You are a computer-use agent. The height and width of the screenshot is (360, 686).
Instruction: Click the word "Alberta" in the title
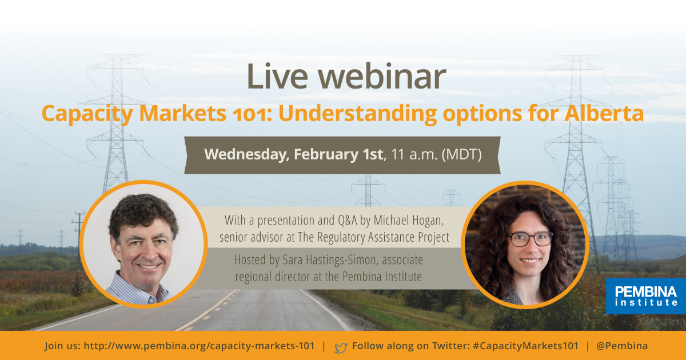(604, 113)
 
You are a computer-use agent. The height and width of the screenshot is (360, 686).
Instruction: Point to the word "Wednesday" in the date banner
(246, 154)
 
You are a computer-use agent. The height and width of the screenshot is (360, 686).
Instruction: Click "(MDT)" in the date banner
(461, 154)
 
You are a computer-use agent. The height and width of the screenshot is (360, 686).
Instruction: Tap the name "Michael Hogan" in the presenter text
(409, 221)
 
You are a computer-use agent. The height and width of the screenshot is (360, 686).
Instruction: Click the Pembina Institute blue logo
(645, 296)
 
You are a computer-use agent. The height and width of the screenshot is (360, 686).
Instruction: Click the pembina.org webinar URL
(199, 346)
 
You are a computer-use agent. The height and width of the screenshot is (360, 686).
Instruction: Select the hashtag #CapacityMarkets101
(525, 346)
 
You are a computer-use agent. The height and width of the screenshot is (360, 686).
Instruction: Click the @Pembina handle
(622, 346)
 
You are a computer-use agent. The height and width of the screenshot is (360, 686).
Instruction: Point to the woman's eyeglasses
(531, 239)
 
